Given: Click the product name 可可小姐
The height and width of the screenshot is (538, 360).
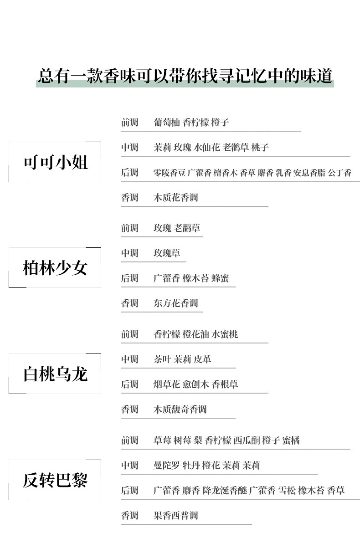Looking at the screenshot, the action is coord(55,162).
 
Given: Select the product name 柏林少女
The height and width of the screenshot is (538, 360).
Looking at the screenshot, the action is coord(55,268).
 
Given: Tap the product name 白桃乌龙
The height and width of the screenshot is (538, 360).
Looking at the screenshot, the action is coord(55,374).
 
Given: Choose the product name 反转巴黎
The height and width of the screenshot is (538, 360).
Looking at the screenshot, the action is coord(55,480).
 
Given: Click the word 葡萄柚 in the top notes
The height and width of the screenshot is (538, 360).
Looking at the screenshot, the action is coord(167,123).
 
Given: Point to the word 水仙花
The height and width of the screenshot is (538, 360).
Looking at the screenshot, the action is coord(207,148).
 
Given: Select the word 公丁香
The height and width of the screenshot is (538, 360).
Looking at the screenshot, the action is coord(339,173).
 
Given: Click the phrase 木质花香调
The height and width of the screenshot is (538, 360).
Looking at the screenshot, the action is coord(175,198).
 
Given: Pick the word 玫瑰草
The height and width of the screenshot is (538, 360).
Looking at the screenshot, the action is coord(167,253).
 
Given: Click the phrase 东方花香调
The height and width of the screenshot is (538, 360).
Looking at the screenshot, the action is coord(175,303).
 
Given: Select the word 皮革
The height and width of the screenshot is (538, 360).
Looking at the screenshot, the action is coord(202,359).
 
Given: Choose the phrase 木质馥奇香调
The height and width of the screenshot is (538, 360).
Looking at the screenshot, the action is coord(180,410).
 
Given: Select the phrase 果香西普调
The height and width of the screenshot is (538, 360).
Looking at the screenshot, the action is coord(175,516).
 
